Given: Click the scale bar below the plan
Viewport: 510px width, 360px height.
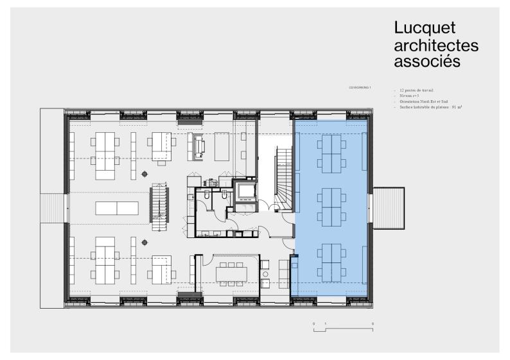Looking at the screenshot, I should pos(343,329).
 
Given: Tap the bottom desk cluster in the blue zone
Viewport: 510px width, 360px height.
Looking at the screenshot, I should pos(332,260).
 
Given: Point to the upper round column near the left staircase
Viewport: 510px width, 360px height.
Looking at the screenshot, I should pos(145,174).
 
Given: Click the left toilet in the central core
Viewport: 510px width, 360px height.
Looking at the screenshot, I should pos(203,200).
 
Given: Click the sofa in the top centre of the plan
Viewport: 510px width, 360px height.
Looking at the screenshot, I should pos(198,146).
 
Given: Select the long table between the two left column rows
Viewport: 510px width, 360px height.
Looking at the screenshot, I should pos(116,208).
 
